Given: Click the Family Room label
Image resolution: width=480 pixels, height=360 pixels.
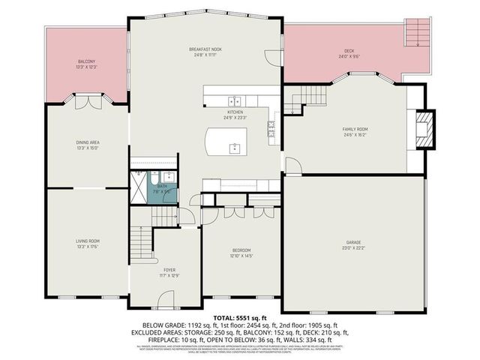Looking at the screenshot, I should click(x=355, y=132).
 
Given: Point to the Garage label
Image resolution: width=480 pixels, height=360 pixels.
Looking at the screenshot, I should click(x=354, y=245).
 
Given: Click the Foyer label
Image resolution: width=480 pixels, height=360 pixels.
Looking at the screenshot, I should click(x=170, y=272).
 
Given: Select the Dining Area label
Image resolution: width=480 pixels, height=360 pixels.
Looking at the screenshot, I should click(x=88, y=145).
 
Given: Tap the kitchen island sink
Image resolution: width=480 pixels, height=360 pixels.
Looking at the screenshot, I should click(x=235, y=147).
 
